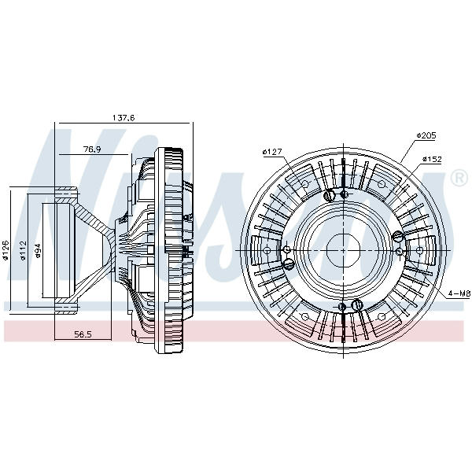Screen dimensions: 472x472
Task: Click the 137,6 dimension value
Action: click(124, 118)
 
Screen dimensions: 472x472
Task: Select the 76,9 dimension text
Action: click(92, 149)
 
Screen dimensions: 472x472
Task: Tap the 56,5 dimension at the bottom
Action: click(83, 334)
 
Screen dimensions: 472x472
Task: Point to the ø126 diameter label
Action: click(6, 249)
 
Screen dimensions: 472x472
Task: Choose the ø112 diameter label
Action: click(23, 250)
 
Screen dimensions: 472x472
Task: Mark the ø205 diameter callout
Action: click(426, 135)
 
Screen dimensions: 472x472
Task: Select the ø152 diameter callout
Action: click(432, 159)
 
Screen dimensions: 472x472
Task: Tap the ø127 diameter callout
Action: click(272, 152)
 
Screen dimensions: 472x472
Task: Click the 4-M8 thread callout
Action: click(459, 293)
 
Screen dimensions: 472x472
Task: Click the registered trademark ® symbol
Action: click(459, 179)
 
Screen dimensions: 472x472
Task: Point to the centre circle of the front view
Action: click(343, 250)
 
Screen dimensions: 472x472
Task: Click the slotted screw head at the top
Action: click(330, 196)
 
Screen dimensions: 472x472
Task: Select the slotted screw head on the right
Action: click(397, 236)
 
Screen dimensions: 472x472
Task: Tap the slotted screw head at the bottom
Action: click(357, 305)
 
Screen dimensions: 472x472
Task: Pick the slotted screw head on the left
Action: click(289, 264)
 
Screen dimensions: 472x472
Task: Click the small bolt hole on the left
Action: click(287, 249)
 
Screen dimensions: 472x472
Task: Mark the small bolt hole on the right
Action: click(400, 251)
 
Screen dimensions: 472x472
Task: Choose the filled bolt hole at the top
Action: click(344, 194)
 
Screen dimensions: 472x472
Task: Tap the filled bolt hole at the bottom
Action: click(342, 307)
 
